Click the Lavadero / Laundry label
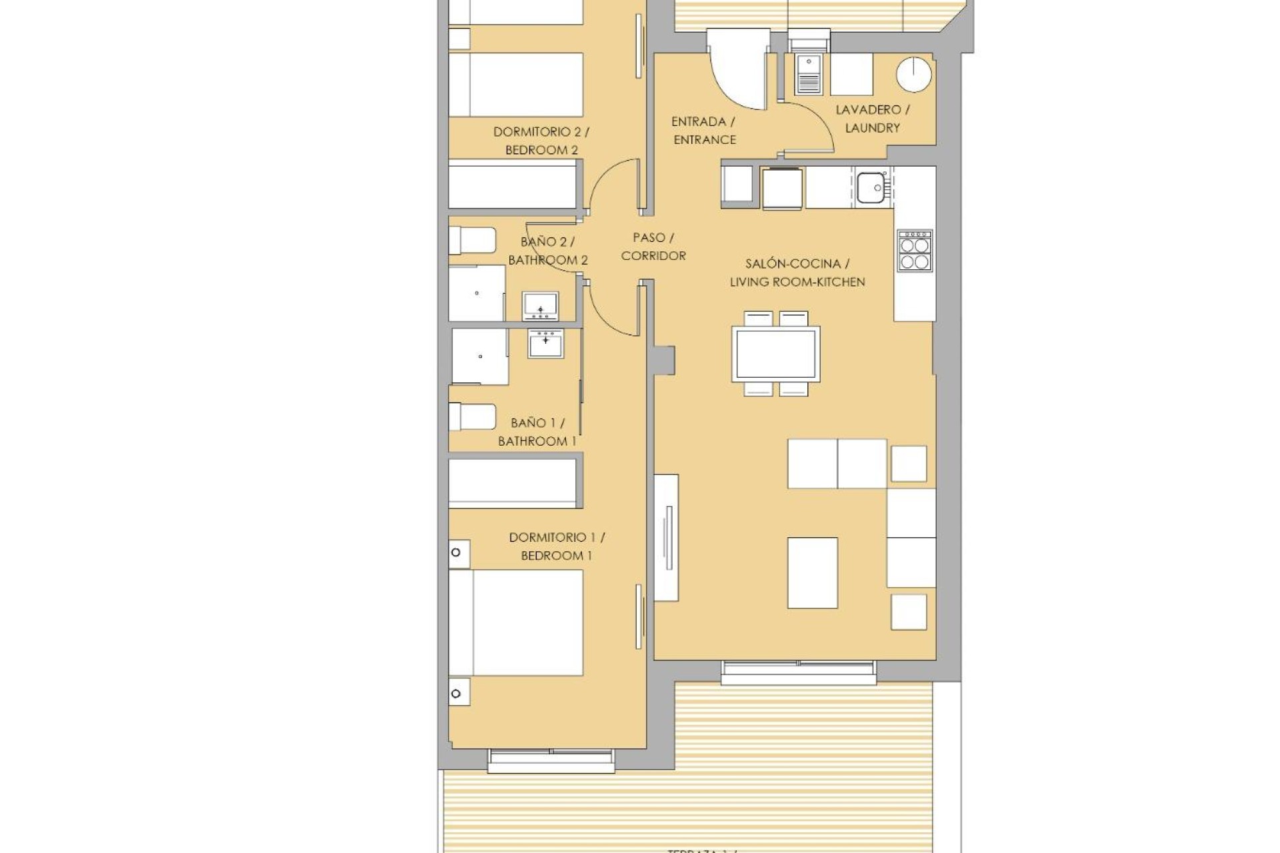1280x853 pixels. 872,119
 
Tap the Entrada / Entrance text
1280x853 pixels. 704,131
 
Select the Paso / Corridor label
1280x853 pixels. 653,247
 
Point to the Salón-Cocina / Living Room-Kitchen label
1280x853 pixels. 797,273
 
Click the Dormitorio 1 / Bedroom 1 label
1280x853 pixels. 556,546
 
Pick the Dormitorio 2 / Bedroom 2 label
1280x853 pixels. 541,141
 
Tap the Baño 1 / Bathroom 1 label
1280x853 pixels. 537,432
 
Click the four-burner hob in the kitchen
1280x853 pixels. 915,251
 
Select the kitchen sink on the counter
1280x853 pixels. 871,187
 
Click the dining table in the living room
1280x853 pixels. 775,354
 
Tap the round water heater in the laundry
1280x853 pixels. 913,75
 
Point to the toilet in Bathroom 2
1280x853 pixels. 472,241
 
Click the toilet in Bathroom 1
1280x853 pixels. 472,417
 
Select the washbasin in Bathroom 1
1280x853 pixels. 545,343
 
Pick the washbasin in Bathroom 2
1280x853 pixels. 540,306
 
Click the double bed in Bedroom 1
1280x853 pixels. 515,622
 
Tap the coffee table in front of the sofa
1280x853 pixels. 812,572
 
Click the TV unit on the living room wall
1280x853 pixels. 666,537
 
